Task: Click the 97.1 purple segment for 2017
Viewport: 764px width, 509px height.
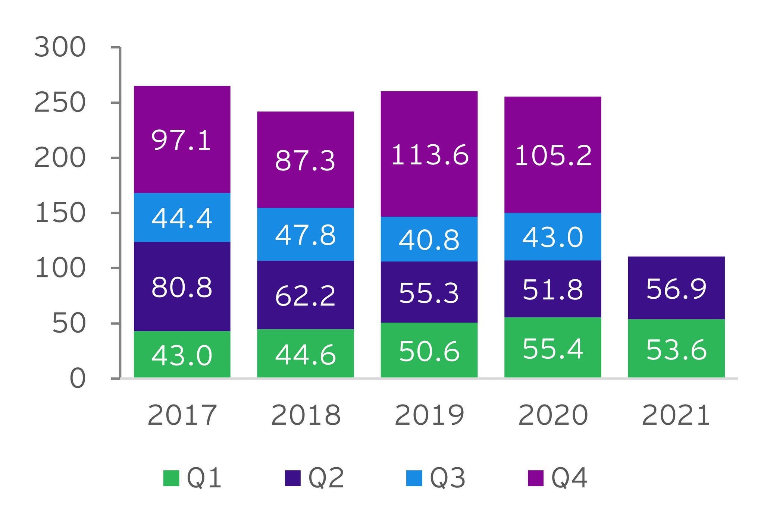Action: [x=182, y=139]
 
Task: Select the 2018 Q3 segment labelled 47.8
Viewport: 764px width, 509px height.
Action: [x=306, y=235]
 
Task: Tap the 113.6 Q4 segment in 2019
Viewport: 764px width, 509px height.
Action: [x=429, y=154]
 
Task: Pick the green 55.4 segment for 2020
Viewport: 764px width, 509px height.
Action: [x=552, y=348]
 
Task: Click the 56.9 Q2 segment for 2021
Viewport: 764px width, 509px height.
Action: [x=676, y=288]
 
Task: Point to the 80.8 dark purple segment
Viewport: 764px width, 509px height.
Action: [x=182, y=286]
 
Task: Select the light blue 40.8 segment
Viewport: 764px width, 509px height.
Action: [x=429, y=239]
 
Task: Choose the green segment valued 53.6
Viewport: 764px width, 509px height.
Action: [x=676, y=349]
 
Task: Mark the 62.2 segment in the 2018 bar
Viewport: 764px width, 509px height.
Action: [x=306, y=295]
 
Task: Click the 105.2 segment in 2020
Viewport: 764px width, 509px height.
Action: [x=552, y=155]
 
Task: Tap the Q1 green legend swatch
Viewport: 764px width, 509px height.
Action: [x=171, y=478]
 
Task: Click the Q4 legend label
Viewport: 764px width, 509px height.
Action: [x=569, y=478]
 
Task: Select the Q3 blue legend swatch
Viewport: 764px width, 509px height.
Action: [x=414, y=478]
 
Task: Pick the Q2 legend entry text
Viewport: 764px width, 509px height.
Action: [x=326, y=478]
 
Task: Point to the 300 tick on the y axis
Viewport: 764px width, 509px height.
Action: [x=60, y=48]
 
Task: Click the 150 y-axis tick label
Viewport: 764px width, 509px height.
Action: [x=60, y=213]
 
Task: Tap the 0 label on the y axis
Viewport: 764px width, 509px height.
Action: [x=77, y=379]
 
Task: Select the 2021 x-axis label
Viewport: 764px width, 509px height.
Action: [x=676, y=415]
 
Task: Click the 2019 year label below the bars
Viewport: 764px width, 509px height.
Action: [x=429, y=415]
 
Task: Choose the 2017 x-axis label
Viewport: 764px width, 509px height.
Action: [x=182, y=415]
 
